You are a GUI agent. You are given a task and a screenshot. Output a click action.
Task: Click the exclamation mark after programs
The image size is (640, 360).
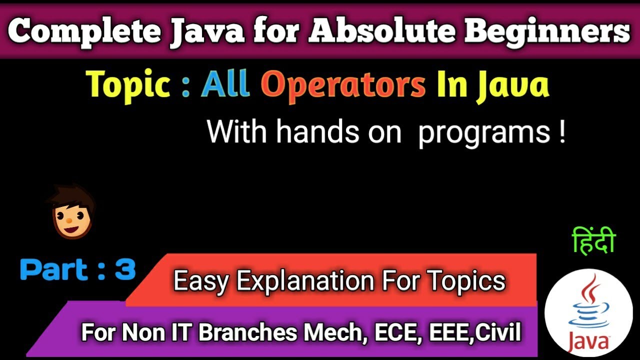click(x=562, y=132)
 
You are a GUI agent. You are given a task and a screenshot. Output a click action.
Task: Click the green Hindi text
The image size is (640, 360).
click(x=593, y=241)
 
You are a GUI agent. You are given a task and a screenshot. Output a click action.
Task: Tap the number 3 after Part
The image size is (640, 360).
click(x=125, y=269)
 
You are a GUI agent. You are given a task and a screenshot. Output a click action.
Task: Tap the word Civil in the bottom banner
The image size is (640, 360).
click(x=497, y=332)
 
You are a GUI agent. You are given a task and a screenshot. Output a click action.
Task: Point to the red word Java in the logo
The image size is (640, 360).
click(x=588, y=342)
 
